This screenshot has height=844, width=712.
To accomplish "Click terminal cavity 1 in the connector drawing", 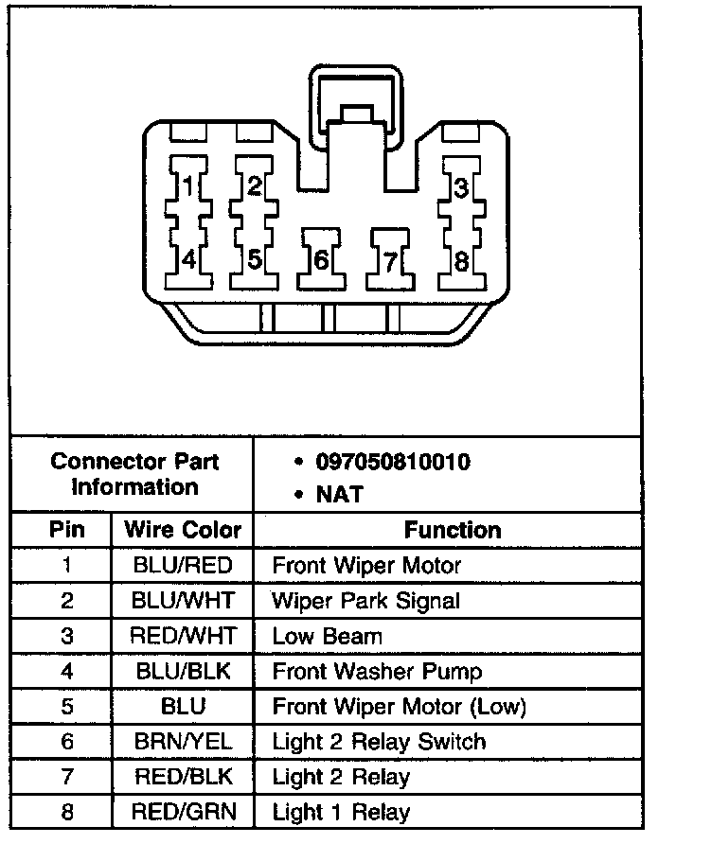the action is tap(187, 186).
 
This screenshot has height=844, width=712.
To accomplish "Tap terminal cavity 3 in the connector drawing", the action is tap(459, 186).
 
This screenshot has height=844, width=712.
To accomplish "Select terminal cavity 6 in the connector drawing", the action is tap(320, 257).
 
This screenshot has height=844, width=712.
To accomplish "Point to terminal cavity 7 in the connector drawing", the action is tap(390, 257).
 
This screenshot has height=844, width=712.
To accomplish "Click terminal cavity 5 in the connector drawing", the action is tap(253, 257).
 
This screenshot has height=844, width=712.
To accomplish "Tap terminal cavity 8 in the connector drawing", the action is tap(459, 257).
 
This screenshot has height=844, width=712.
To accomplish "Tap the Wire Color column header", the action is tap(183, 530).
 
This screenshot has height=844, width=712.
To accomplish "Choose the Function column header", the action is tap(453, 530).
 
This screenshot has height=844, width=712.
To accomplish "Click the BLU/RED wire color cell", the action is tap(183, 566).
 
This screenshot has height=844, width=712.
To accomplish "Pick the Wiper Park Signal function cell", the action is tap(365, 601).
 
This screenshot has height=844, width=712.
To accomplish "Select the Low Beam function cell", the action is tap(327, 636).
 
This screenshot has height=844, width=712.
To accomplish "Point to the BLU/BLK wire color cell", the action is tap(183, 672).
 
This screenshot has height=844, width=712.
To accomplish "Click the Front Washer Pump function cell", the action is tap(377, 672).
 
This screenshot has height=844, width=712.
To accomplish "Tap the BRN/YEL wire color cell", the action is tap(183, 742).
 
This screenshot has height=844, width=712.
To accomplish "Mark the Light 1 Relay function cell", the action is tap(341, 812).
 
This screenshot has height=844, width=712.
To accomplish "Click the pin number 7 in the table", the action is tap(66, 777).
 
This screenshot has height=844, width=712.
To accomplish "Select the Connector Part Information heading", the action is tap(134, 474).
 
